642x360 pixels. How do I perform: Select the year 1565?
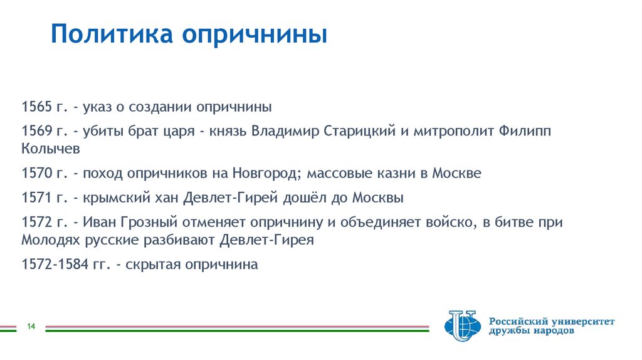tap(35, 107)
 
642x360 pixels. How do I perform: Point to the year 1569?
tap(35, 132)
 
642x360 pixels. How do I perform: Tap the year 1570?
tap(35, 174)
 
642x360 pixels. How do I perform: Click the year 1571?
tap(35, 199)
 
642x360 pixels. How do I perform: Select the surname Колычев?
tap(50, 149)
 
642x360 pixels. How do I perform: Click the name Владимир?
tap(286, 132)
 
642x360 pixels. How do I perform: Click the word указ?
tap(100, 107)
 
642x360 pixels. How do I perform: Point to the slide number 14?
tap(30, 326)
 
